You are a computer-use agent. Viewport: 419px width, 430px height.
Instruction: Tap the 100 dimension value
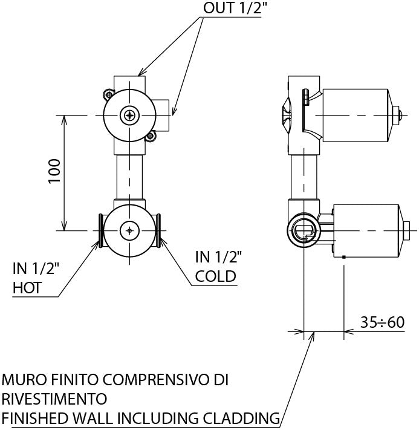pyautogui.click(x=54, y=171)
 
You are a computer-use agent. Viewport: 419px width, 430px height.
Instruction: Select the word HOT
pyautogui.click(x=27, y=288)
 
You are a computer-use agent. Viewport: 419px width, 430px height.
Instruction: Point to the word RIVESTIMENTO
pyautogui.click(x=54, y=399)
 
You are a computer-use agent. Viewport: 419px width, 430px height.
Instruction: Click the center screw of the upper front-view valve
pyautogui.click(x=129, y=115)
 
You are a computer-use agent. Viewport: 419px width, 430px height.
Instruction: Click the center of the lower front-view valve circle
pyautogui.click(x=129, y=230)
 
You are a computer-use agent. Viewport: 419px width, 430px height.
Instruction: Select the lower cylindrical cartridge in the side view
pyautogui.click(x=365, y=230)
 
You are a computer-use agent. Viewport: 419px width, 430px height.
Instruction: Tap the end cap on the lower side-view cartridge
pyautogui.click(x=406, y=230)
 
